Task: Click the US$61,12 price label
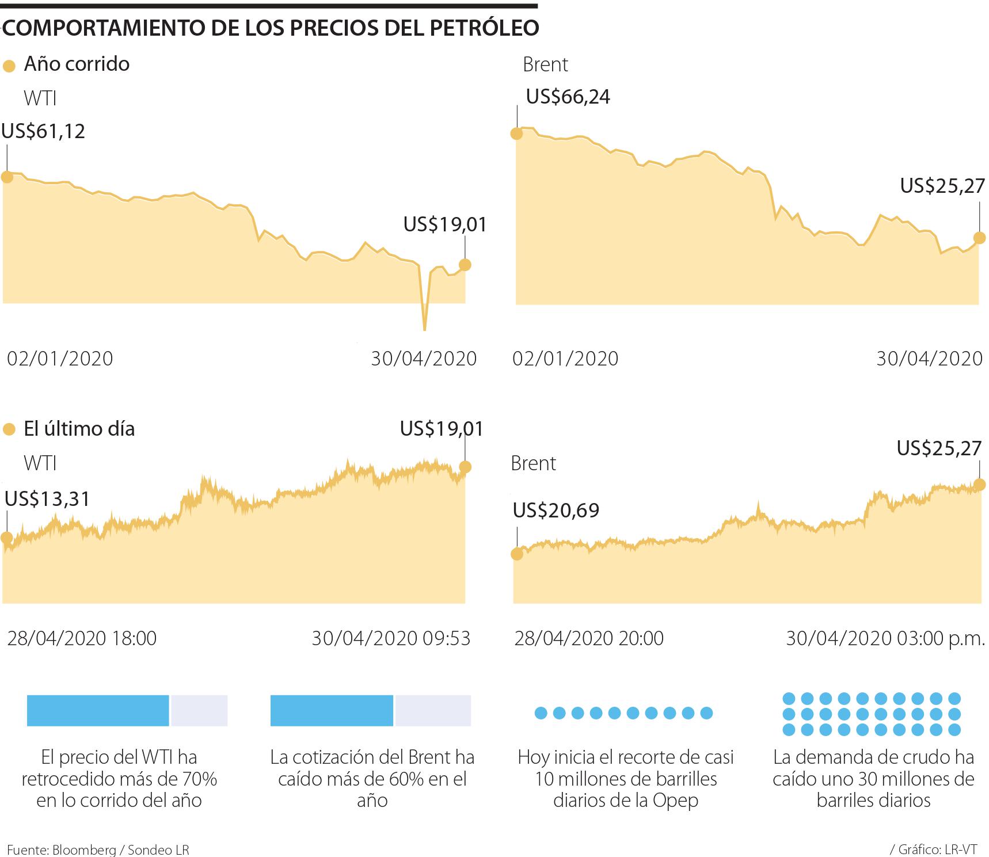(x=43, y=131)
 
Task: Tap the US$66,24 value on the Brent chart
(x=568, y=96)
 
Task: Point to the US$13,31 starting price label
(x=47, y=498)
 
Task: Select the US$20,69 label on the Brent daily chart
(x=556, y=510)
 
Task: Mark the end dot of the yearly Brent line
(x=979, y=237)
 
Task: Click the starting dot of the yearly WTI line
(x=7, y=177)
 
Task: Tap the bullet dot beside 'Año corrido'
(x=9, y=66)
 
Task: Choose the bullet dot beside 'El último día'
(x=9, y=430)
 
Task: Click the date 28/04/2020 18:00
(x=82, y=638)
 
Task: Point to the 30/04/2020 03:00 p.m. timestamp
(x=885, y=638)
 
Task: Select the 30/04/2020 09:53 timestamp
(x=391, y=638)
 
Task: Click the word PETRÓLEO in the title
(x=484, y=28)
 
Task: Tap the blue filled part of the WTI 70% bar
(x=98, y=710)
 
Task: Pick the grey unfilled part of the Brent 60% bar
(x=432, y=710)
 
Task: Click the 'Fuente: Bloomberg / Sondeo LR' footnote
(x=98, y=850)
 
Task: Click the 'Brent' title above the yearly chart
(x=545, y=64)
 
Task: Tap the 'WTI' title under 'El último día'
(x=40, y=463)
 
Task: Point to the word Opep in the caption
(x=675, y=801)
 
